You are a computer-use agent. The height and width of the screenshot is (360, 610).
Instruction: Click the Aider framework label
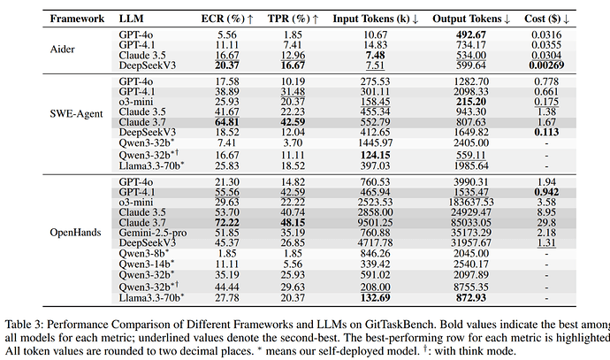62,50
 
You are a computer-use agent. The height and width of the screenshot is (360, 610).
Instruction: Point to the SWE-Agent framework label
76,114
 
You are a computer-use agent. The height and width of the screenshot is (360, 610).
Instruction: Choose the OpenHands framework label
75,233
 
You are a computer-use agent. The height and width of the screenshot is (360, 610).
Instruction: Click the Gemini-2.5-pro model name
152,233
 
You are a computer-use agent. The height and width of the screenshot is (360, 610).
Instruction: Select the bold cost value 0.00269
546,65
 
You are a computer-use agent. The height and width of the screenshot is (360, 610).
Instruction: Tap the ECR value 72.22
227,223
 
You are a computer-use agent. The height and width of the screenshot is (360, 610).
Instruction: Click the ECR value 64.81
227,122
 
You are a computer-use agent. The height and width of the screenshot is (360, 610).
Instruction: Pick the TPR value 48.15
293,223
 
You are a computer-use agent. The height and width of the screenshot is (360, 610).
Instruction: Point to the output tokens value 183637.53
470,203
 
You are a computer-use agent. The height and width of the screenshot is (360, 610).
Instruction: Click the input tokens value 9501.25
376,223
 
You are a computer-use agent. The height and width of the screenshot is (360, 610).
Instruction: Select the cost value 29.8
546,223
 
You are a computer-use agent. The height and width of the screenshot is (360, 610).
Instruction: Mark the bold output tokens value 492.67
470,34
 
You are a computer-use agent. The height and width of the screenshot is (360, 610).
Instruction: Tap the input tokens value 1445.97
376,142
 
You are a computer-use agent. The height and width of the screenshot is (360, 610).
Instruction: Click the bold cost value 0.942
546,192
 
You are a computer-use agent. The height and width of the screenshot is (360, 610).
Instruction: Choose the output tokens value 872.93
470,298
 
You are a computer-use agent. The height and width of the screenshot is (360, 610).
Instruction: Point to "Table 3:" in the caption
24,325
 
